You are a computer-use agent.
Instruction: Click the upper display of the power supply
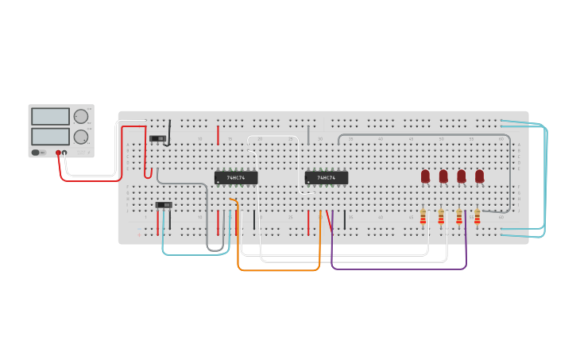tap(50, 116)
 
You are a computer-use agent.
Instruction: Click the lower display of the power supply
tap(50, 136)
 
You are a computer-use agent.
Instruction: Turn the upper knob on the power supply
tap(80, 116)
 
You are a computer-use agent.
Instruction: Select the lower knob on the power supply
tap(80, 137)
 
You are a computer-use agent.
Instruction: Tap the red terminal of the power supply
tap(58, 153)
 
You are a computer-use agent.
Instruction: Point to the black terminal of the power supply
tap(65, 153)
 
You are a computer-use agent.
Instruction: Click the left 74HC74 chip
tap(236, 178)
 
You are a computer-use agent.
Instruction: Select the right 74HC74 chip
tap(327, 178)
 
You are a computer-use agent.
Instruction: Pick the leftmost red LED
tap(425, 176)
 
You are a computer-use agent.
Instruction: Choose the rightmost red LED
tap(479, 176)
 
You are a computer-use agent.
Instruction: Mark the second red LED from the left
tap(443, 176)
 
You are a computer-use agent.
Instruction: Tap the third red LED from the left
tap(462, 176)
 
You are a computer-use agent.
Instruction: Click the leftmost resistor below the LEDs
tap(423, 216)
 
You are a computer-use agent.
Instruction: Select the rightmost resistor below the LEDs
tap(477, 216)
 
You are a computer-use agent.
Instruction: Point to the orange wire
tap(278, 270)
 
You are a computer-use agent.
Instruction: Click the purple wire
tap(397, 269)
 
